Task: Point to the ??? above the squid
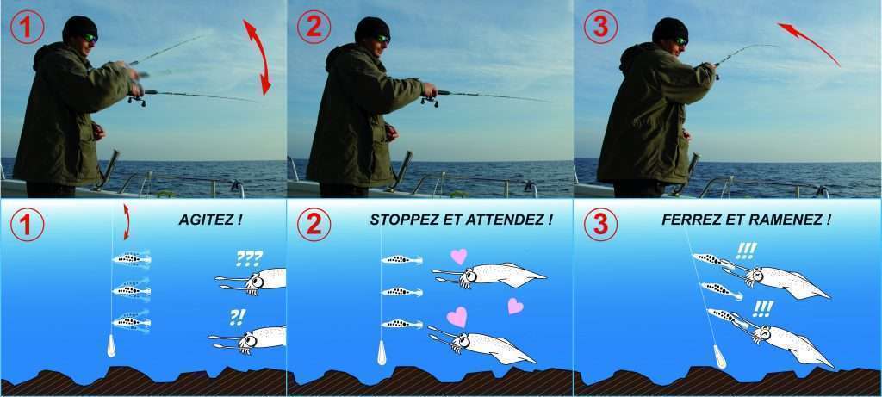[249, 258]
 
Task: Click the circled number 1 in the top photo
[27, 28]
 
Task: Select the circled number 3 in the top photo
[600, 28]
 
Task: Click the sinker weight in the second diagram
[382, 351]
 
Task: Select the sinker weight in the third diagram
[719, 357]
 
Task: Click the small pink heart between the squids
[515, 306]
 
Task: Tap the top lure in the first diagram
[132, 259]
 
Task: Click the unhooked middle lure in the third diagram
[721, 290]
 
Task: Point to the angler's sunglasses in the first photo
[90, 38]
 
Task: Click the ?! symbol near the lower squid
[237, 318]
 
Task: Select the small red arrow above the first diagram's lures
[126, 221]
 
